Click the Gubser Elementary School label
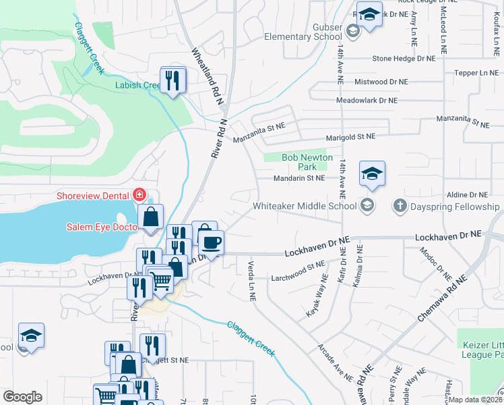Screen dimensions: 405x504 (x=303, y=31)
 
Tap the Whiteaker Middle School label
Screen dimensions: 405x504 (x=305, y=206)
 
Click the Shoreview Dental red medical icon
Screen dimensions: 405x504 (x=139, y=195)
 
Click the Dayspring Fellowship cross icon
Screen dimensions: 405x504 (x=400, y=205)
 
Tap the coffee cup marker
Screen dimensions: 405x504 (x=212, y=242)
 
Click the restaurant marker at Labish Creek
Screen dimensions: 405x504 (x=173, y=80)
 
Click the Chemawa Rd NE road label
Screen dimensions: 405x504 (x=442, y=298)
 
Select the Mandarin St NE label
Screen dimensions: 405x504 (x=299, y=178)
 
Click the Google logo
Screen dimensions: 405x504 (x=22, y=396)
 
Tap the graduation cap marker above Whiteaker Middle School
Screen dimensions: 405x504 (x=371, y=173)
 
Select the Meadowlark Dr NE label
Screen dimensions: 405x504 (x=373, y=101)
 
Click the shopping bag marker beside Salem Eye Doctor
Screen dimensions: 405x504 (x=151, y=217)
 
